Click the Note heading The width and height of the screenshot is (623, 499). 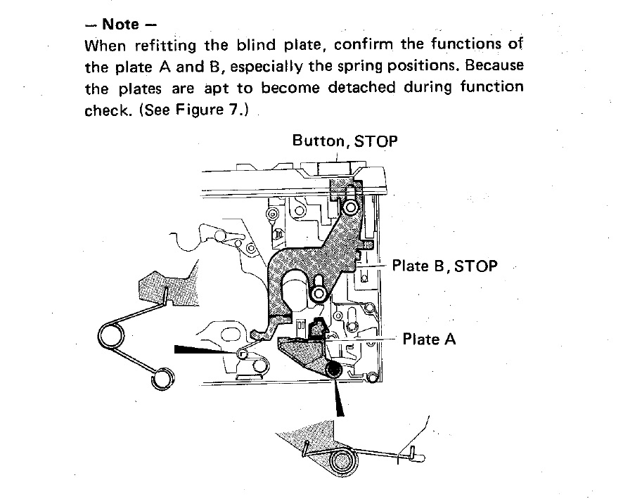coord(121,24)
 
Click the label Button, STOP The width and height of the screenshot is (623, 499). coord(345,141)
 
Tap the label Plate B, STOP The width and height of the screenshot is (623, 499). coord(444,266)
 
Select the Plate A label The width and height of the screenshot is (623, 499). coord(429,339)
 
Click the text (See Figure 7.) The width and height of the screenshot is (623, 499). coord(194,110)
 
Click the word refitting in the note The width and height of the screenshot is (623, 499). coord(165,45)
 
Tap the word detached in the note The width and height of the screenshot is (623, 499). coord(361,87)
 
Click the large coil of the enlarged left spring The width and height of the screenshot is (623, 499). coord(111,336)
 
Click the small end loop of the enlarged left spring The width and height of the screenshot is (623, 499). coord(162,379)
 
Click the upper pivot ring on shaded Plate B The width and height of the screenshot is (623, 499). coord(350,207)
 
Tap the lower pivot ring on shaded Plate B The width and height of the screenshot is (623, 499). coord(319,294)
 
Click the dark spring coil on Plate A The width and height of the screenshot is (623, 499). coord(333,370)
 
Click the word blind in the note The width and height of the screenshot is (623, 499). coord(256,44)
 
